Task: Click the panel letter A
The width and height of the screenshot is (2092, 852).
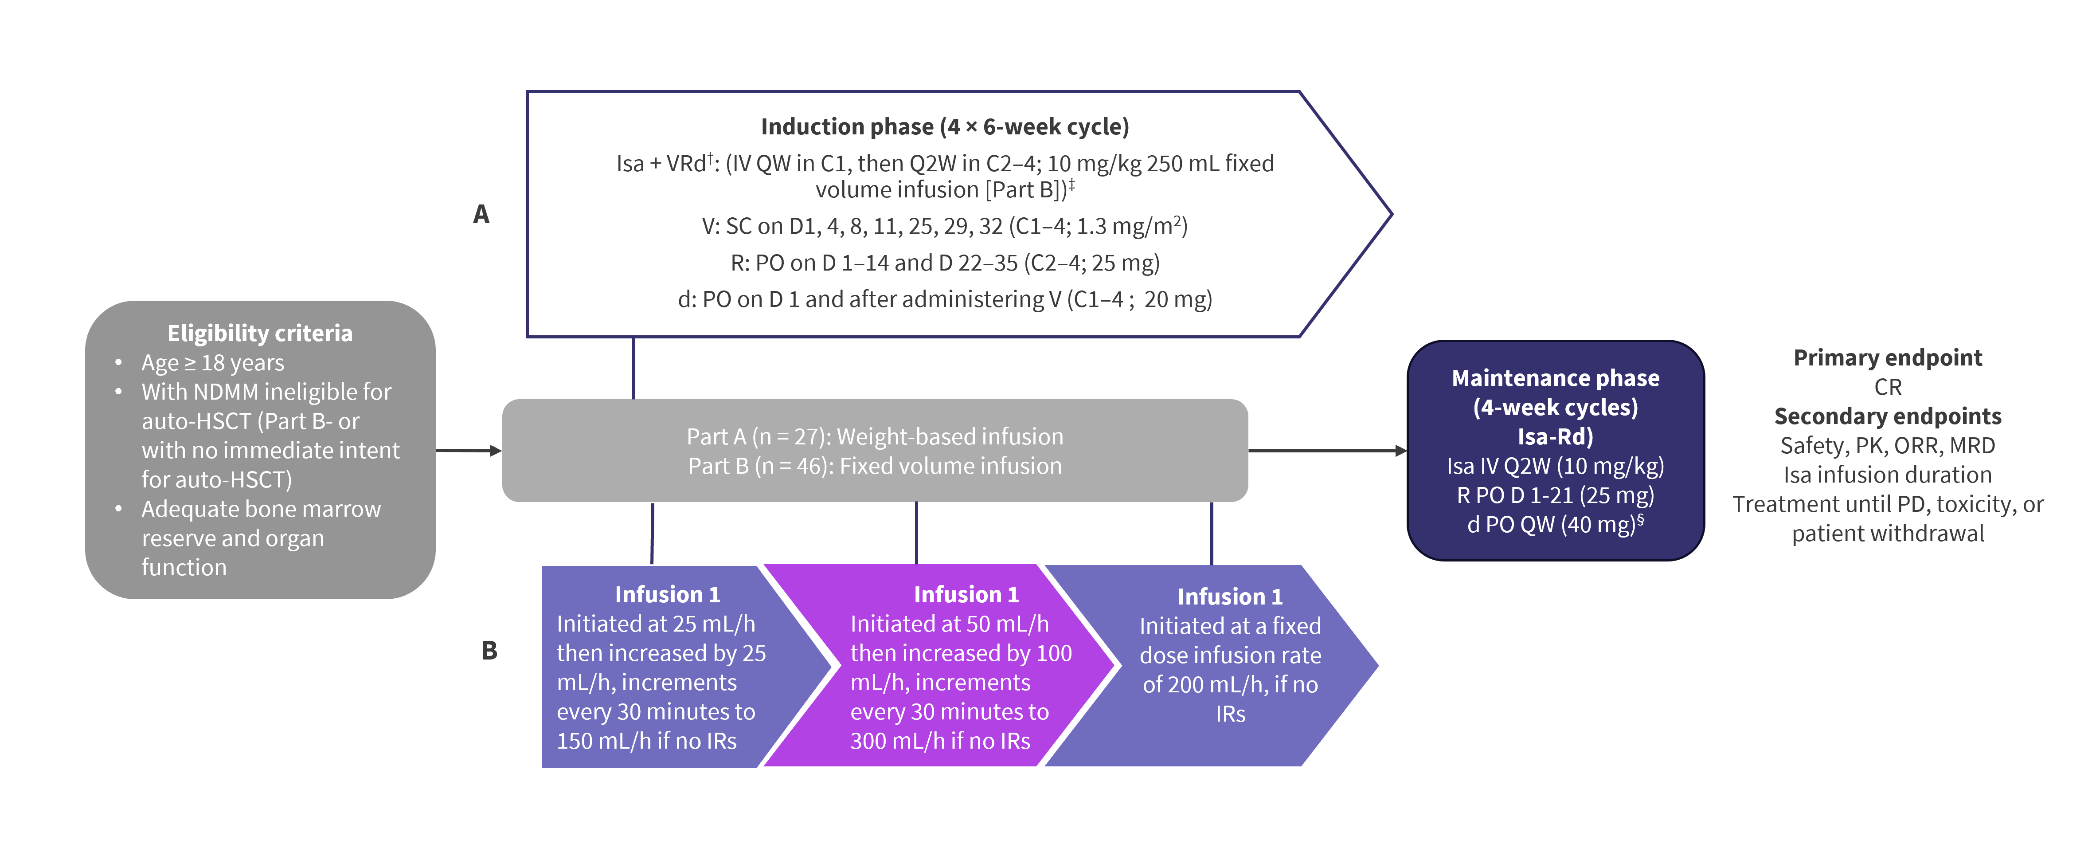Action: [x=481, y=214]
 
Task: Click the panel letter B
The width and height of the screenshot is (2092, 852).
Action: [x=489, y=651]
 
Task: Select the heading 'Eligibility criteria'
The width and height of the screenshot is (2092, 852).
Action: [x=260, y=333]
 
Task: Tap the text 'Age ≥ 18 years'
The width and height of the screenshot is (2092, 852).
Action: [x=213, y=362]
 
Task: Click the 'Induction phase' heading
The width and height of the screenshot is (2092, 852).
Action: [x=945, y=127]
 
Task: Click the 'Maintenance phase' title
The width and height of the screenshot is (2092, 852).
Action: [x=1555, y=378]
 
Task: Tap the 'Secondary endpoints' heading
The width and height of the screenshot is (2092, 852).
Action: [x=1887, y=416]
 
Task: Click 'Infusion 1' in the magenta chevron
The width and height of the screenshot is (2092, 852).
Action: [x=966, y=594]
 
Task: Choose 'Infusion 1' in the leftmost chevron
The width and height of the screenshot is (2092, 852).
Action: [x=667, y=594]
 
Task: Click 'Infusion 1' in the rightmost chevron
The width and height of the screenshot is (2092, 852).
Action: [x=1230, y=597]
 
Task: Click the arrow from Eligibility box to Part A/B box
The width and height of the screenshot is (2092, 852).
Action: [x=469, y=450]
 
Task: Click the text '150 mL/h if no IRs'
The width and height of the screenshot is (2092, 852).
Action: [x=646, y=741]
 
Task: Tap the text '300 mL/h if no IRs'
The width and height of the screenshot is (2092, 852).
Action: [x=940, y=741]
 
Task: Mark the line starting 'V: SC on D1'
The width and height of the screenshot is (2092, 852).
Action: [x=945, y=226]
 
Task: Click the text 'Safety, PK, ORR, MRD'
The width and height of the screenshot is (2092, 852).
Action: [x=1887, y=445]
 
